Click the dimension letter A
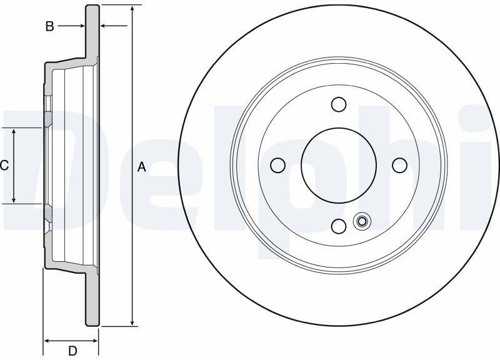142,167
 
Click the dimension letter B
49,26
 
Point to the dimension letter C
4,166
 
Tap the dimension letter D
72,351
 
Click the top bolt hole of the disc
339,104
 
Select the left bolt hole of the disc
277,165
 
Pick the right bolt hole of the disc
399,165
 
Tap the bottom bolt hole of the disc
339,226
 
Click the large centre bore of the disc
339,165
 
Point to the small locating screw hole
362,221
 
